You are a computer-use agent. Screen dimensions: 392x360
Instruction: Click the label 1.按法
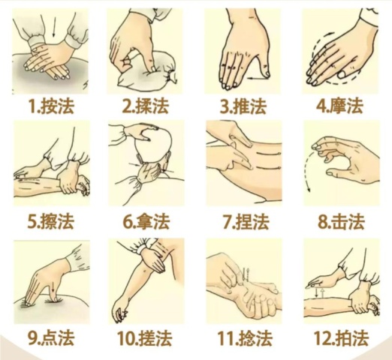pyautogui.click(x=52, y=106)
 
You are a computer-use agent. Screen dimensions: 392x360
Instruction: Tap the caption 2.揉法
pyautogui.click(x=146, y=106)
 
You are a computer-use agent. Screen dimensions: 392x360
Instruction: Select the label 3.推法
pyautogui.click(x=243, y=106)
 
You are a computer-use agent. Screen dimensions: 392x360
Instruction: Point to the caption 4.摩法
pyautogui.click(x=340, y=106)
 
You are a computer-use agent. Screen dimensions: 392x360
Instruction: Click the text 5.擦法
pyautogui.click(x=51, y=221)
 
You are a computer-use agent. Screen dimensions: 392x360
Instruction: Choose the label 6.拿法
pyautogui.click(x=146, y=221)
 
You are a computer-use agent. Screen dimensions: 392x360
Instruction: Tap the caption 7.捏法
pyautogui.click(x=246, y=221)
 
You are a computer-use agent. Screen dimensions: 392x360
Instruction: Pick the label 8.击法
pyautogui.click(x=341, y=221)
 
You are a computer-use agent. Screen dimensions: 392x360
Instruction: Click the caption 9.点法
pyautogui.click(x=51, y=337)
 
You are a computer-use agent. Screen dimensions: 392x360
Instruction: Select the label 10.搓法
pyautogui.click(x=145, y=337)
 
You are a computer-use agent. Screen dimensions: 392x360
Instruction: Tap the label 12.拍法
pyautogui.click(x=341, y=337)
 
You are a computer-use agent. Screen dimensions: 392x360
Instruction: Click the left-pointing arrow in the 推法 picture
pyautogui.click(x=255, y=78)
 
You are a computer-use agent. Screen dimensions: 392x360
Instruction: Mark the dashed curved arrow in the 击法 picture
pyautogui.click(x=307, y=169)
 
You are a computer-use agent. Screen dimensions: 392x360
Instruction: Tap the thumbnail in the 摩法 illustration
pyautogui.click(x=342, y=74)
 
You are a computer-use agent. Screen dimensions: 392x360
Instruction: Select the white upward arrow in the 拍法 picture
pyautogui.click(x=323, y=293)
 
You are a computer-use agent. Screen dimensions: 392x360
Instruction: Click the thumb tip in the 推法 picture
pyautogui.click(x=267, y=73)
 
